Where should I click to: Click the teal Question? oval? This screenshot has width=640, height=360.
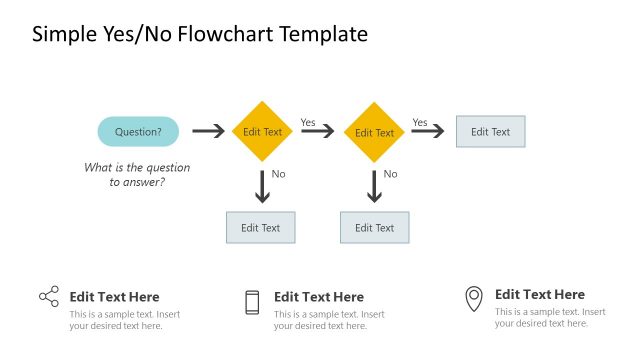[138, 131]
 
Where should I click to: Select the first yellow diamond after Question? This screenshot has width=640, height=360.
[263, 131]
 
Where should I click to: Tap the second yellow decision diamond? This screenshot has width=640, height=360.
[375, 132]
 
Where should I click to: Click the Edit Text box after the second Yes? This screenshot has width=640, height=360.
[490, 131]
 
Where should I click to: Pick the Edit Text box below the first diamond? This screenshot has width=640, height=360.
[261, 227]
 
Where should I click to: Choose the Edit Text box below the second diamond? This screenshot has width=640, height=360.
[375, 227]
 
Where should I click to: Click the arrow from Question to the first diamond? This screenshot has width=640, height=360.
[208, 131]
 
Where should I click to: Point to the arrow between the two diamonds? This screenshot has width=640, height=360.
[318, 132]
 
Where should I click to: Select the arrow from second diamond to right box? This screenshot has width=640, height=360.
[428, 132]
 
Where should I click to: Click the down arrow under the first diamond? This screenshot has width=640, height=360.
[263, 187]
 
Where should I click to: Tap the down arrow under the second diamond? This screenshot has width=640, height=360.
[375, 187]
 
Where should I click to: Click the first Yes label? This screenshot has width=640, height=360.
[308, 122]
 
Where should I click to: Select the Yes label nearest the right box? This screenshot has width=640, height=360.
[420, 122]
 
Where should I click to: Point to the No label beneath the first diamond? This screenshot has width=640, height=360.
[279, 174]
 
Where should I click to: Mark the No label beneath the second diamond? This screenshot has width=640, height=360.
[391, 174]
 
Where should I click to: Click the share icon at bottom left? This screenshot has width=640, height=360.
[49, 296]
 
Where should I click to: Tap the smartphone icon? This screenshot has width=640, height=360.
[252, 302]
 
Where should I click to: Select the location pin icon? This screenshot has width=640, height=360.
[473, 298]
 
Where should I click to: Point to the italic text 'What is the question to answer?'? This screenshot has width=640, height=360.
[137, 175]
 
